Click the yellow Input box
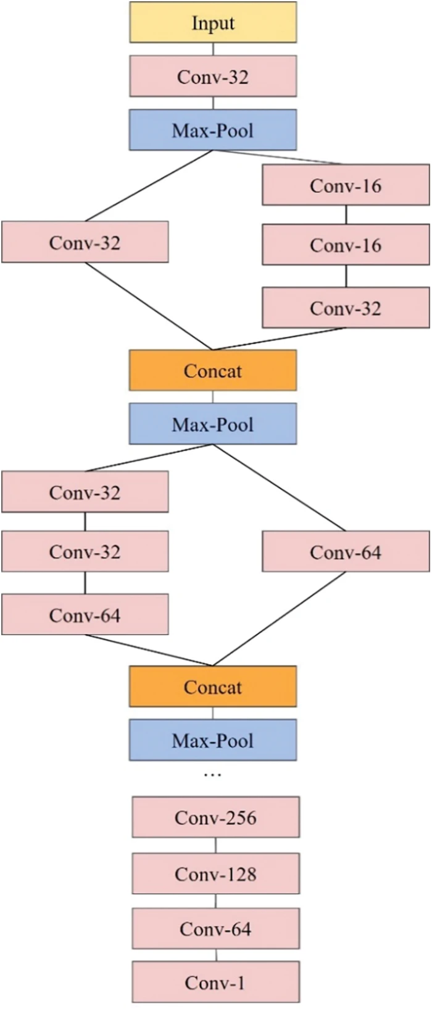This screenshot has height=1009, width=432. point(213,23)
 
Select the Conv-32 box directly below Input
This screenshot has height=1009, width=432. point(213,77)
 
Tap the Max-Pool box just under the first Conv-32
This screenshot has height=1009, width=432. point(213,130)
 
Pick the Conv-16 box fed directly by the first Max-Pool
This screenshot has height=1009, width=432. point(346,185)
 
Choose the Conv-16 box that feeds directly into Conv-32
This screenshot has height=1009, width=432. point(346,245)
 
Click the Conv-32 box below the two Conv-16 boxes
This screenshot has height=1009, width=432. point(346,308)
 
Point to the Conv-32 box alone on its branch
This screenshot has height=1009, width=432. point(85,242)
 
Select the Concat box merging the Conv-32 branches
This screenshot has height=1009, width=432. point(213,371)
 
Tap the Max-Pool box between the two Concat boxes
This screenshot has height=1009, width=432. point(213,424)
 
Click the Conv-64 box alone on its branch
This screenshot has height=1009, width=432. point(346,552)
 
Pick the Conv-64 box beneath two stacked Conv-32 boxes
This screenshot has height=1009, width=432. point(85,615)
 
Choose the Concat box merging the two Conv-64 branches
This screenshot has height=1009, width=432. point(213,686)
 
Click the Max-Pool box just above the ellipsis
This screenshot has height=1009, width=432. point(213,740)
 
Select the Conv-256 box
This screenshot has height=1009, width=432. point(215,817)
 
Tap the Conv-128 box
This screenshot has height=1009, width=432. point(215,874)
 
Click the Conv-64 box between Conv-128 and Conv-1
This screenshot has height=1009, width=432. point(215,929)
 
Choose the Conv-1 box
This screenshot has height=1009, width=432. point(215,982)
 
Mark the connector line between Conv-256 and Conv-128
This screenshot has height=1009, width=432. point(215,845)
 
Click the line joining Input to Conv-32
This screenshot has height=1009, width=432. point(213,49)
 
